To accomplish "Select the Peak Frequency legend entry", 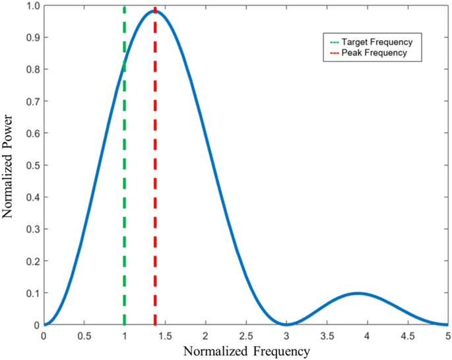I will pos(370,52).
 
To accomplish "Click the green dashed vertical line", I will pos(125,198).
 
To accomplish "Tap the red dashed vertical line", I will pos(155,198).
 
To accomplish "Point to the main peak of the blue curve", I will pos(156,11).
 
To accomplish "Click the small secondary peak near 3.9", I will pos(357,293).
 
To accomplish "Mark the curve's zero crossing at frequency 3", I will pos(286,324).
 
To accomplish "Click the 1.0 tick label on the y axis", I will pos(31,6).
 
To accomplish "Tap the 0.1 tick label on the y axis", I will pos(31,293).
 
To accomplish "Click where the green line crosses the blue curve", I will pos(125,63).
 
